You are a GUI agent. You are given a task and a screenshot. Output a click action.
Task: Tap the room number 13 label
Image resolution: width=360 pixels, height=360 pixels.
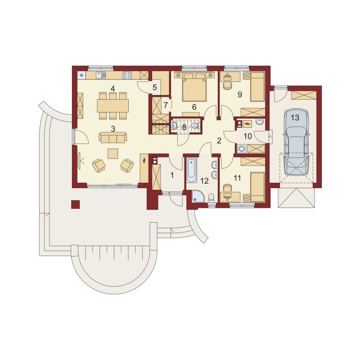tap(295, 118)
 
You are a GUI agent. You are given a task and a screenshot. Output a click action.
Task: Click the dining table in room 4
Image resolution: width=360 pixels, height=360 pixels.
tap(113, 106)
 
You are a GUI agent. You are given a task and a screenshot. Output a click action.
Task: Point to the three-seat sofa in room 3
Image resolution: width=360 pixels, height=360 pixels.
tap(113, 137)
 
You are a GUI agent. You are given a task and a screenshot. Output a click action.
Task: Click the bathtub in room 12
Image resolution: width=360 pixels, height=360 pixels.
tap(192, 170)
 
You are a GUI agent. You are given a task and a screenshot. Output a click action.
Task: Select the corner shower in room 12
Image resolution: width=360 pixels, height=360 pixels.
tap(198, 197)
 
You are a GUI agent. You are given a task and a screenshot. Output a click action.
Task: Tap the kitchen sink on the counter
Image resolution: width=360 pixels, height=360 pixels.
tap(101, 75)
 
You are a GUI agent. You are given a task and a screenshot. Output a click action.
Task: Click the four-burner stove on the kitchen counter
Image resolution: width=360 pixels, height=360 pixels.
tap(127, 75)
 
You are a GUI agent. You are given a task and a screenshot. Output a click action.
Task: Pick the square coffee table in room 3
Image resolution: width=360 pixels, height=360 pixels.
tap(113, 153)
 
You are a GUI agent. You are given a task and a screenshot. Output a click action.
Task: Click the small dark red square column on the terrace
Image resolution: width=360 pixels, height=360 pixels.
tap(75, 204)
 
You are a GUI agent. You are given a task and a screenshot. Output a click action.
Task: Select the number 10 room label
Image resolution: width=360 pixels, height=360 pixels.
tap(247, 136)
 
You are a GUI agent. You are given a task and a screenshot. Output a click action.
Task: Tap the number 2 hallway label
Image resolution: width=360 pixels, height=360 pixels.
tap(219, 141)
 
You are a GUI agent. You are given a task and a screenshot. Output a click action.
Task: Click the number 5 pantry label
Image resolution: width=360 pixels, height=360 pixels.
tap(154, 87)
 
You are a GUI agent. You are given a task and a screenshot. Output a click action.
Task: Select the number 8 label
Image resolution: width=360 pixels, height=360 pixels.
tap(184, 127)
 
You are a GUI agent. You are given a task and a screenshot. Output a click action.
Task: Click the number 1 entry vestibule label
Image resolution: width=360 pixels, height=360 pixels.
tap(172, 175)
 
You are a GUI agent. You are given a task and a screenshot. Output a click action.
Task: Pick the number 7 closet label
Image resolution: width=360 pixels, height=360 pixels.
tap(166, 105)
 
